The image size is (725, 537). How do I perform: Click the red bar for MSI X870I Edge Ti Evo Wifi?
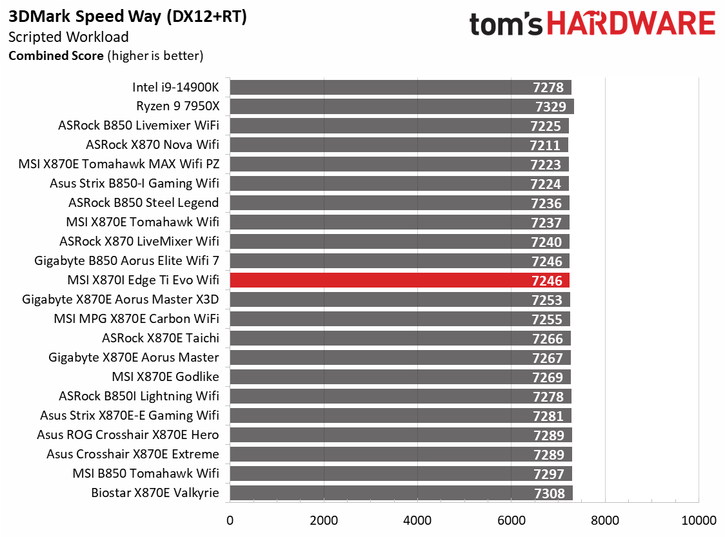pos(387,280)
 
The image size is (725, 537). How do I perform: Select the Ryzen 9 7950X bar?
pos(387,106)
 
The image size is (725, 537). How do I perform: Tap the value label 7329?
pos(550,106)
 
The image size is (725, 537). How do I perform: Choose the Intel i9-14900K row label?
pos(175,87)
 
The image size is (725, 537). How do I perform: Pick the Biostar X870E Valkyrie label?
pos(155,493)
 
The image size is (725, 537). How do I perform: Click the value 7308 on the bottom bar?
pos(549,494)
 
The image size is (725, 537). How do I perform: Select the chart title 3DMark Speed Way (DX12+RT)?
pos(128,17)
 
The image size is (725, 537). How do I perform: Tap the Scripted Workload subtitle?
pos(68,37)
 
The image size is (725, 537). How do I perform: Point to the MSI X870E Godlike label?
pos(165,377)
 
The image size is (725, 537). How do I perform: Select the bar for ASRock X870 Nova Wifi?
pos(387,145)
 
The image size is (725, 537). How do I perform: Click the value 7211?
pos(545,146)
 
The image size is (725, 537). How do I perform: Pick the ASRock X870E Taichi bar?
pos(387,338)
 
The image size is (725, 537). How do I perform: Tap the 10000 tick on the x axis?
pos(699,520)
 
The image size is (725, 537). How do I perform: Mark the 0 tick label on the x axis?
pos(230,520)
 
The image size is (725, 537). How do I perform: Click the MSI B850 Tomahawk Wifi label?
pos(146,474)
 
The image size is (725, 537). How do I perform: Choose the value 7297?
pos(548,474)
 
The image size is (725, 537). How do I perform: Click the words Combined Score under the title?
pos(55,55)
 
